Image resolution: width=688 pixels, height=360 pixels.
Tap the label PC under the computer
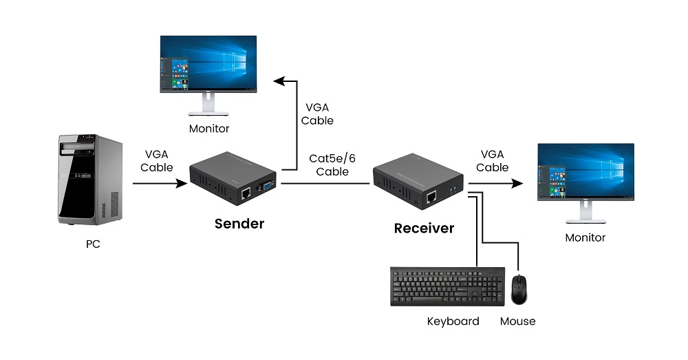tap(93, 244)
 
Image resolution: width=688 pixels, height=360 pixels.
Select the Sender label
tap(239, 223)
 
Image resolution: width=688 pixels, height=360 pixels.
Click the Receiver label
tap(424, 228)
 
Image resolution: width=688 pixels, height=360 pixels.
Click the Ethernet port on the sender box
tap(245, 195)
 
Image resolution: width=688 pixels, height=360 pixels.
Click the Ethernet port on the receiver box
tap(431, 198)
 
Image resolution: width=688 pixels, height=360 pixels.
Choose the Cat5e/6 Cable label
tap(332, 165)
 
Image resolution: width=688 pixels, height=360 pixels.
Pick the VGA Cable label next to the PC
tap(157, 160)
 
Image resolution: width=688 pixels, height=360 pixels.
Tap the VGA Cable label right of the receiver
tap(493, 160)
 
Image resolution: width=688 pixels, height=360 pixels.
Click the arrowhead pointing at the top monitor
tap(278, 81)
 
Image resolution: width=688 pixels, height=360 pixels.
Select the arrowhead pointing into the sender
tap(183, 184)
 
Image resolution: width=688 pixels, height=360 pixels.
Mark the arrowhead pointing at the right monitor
tap(517, 184)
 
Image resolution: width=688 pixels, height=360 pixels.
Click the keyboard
tap(447, 286)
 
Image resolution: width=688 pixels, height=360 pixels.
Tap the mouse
tap(519, 289)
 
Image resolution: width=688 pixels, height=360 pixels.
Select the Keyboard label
tap(453, 321)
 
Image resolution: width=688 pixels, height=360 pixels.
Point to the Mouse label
tap(517, 321)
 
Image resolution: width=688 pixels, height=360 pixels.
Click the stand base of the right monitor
tap(585, 221)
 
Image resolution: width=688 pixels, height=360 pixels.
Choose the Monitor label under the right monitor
tap(585, 237)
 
